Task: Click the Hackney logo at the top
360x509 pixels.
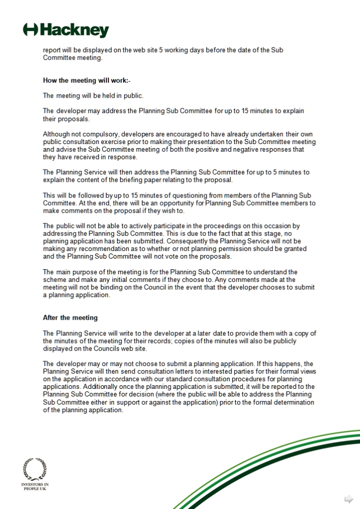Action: click(66, 30)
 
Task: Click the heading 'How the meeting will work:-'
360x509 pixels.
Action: click(87, 80)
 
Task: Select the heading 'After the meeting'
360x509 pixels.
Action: click(70, 318)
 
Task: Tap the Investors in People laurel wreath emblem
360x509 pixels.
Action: click(35, 469)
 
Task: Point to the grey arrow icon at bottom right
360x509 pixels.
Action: click(349, 499)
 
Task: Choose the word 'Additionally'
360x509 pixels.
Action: click(88, 387)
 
